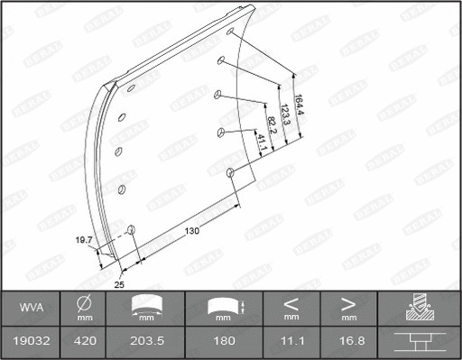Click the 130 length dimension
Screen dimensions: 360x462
click(x=192, y=231)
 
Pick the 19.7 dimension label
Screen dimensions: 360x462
click(x=82, y=241)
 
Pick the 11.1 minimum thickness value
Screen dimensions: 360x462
click(x=291, y=344)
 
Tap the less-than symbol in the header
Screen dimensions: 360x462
click(x=291, y=303)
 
